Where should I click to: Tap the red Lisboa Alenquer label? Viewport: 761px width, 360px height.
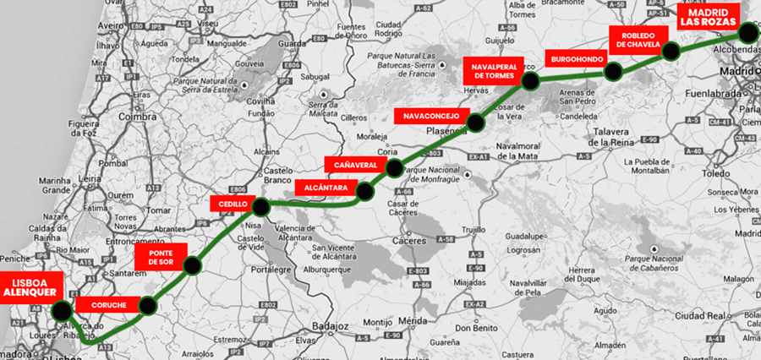point(30,286)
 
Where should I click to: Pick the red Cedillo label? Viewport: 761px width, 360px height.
point(233,205)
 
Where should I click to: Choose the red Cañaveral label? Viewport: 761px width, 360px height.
point(355,164)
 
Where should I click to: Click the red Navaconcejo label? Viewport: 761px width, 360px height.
point(431,115)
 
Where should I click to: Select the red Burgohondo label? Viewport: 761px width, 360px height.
point(577,60)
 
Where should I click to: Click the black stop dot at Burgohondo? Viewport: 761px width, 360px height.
point(614,71)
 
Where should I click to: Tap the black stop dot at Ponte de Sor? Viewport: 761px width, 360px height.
point(192,265)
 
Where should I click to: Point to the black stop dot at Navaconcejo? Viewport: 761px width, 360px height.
point(475,123)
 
